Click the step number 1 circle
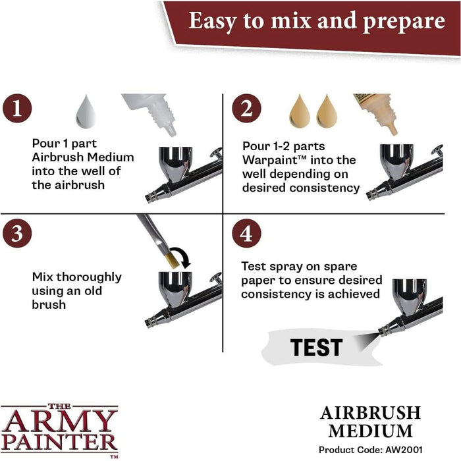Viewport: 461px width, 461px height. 17,108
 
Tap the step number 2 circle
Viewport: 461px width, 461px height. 246,108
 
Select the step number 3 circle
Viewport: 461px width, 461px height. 17,233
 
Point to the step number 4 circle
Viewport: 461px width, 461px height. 246,233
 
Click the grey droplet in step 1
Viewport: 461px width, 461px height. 86,112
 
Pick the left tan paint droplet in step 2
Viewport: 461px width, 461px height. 300,111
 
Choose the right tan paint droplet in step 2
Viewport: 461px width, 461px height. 327,111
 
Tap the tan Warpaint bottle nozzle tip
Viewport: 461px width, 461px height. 393,130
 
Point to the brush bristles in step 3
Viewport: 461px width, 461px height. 172,261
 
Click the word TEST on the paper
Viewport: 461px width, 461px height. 316,347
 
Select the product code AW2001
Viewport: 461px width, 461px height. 404,450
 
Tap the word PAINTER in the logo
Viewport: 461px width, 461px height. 60,443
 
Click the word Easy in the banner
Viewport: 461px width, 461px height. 213,21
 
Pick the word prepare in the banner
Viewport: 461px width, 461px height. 404,22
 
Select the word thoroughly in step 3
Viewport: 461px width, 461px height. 88,277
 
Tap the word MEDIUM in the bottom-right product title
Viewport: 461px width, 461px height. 370,431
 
